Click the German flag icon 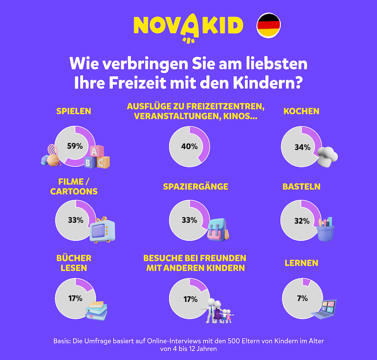[x=269, y=25]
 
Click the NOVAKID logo [x=188, y=26]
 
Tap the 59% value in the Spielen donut [x=75, y=146]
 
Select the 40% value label [x=189, y=146]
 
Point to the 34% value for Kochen [x=302, y=147]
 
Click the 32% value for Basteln [x=302, y=221]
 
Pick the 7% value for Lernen [x=302, y=298]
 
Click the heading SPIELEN [x=74, y=111]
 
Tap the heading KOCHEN [x=301, y=111]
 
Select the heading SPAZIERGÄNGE [x=196, y=186]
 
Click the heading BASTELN [x=302, y=186]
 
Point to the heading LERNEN [x=301, y=263]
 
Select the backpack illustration [x=218, y=229]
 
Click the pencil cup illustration [x=325, y=228]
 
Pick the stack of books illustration [x=97, y=310]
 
